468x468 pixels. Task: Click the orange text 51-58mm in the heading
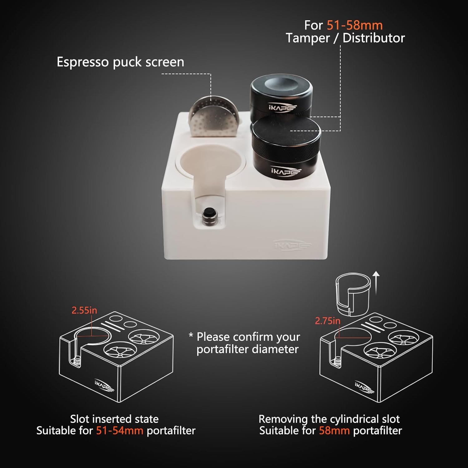point(354,25)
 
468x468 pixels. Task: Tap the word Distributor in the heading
point(374,38)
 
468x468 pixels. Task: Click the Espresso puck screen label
point(120,62)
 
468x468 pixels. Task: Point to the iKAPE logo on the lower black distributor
point(285,171)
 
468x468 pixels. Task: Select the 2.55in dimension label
point(84,310)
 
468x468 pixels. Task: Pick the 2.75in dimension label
point(328,321)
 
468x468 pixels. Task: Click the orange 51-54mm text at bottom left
point(119,431)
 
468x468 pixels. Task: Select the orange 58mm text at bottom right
point(334,431)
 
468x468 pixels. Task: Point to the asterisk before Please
point(191,336)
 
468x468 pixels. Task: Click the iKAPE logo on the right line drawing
point(364,387)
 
